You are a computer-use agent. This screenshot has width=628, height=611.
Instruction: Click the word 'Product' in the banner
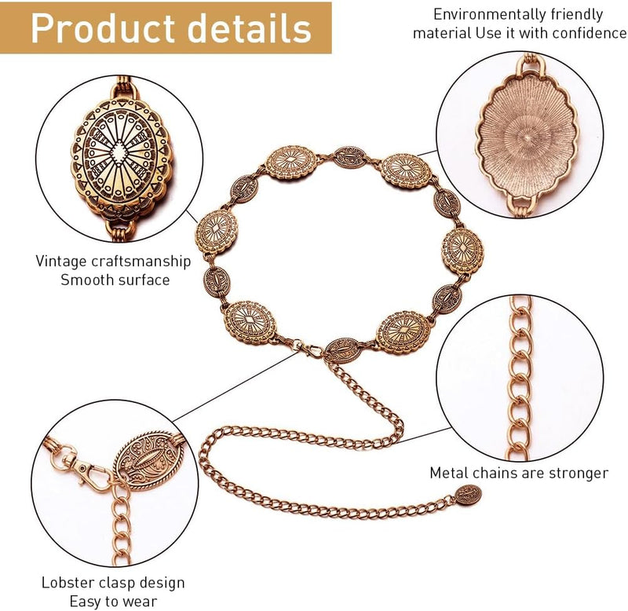(x=102, y=28)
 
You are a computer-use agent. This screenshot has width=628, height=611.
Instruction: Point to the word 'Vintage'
(x=60, y=262)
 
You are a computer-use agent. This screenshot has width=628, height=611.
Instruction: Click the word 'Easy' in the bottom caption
(x=85, y=602)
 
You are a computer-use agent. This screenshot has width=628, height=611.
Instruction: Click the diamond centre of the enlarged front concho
(x=119, y=152)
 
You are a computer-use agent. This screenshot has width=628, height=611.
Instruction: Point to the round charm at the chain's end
(x=468, y=496)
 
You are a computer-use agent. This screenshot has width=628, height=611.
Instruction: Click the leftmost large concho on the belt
(x=216, y=231)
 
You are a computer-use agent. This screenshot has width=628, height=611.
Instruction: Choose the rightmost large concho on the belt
(x=462, y=251)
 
